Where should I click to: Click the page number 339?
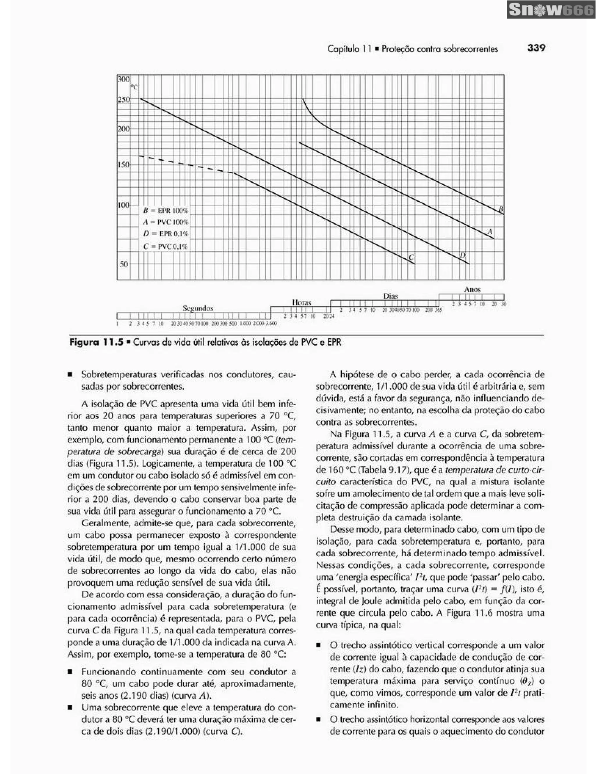point(536,48)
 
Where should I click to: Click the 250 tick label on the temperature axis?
point(124,100)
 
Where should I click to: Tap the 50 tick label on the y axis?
point(124,264)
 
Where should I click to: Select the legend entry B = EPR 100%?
point(166,210)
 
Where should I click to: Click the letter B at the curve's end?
point(501,210)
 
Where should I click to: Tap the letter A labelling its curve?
point(490,232)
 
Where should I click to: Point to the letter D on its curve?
point(462,255)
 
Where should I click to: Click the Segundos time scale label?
point(198,308)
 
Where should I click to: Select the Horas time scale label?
point(301,303)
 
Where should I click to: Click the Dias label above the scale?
point(391,296)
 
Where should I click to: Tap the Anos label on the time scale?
point(472,290)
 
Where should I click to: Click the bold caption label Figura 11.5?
point(96,342)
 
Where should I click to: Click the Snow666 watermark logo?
point(551,10)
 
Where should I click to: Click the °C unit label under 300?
point(134,87)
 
